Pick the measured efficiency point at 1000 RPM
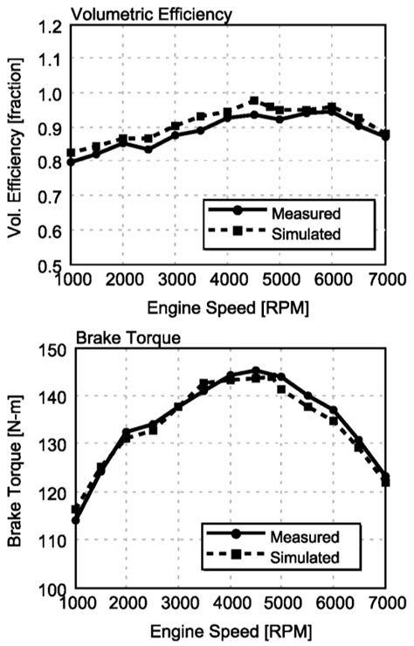pyautogui.click(x=71, y=162)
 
